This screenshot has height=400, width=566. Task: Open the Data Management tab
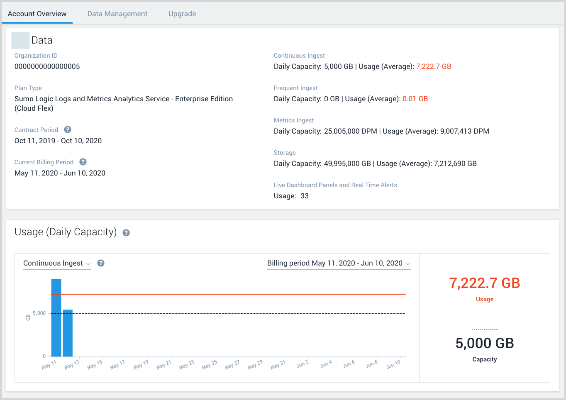coord(117,14)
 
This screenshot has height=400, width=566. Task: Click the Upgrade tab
coord(182,14)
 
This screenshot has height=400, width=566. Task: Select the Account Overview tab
coord(37,14)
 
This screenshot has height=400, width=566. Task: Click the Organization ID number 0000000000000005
coord(47,66)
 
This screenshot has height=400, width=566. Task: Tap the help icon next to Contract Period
coord(68,129)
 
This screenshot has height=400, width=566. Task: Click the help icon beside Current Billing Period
coord(83,162)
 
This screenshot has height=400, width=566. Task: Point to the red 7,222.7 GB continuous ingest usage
coord(434,66)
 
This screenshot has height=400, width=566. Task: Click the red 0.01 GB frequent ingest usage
coord(415,99)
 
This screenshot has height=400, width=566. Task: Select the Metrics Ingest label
coord(294,120)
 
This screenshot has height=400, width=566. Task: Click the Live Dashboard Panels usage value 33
coord(305,196)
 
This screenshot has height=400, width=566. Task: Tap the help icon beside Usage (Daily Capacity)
coord(126,233)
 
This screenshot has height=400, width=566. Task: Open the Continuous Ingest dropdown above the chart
coord(57,263)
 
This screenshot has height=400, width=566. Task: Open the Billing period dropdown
coord(339,263)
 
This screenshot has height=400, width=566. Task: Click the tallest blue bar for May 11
coord(56,317)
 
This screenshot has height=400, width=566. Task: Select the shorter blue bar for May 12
coord(68,333)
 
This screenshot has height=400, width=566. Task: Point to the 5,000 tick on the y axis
coord(39,313)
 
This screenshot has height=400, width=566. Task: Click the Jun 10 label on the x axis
coord(393,364)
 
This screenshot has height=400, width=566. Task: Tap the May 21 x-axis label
coord(163,365)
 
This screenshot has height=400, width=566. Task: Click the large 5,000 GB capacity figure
coord(485,343)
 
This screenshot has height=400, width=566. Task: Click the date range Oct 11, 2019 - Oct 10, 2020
coord(58,141)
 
